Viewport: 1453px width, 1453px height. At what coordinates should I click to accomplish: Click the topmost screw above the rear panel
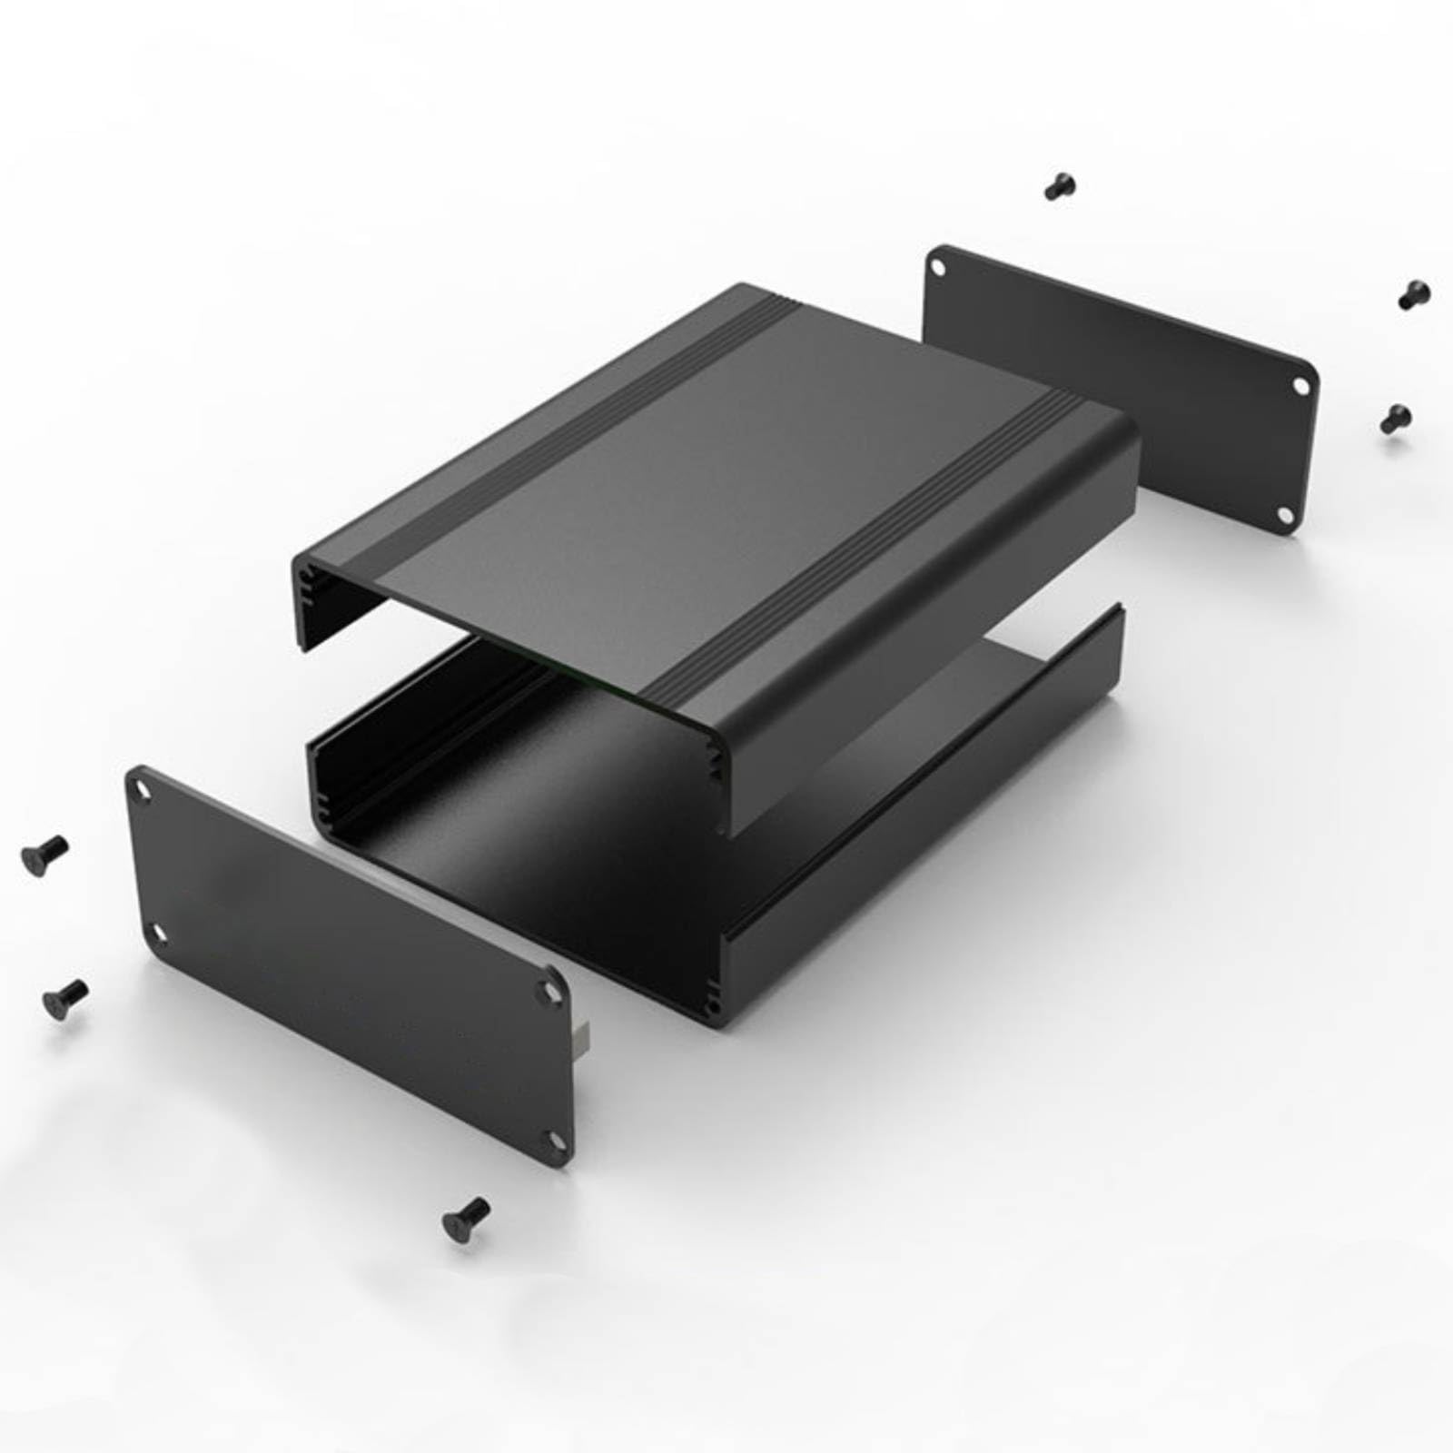click(1059, 186)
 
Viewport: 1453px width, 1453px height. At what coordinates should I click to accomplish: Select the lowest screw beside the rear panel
click(1395, 419)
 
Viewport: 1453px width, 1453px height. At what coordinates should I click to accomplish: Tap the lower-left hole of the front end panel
click(160, 932)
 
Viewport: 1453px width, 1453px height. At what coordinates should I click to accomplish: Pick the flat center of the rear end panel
click(1117, 390)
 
